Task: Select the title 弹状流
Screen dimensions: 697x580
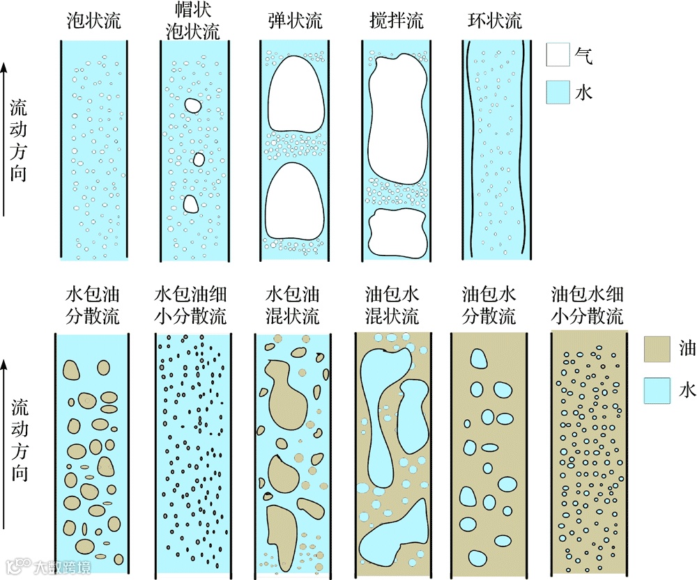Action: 295,20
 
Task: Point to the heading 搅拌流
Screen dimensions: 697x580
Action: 396,20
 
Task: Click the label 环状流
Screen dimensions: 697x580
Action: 494,20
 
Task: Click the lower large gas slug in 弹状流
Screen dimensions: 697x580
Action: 296,201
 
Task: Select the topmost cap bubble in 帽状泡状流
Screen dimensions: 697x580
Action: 192,106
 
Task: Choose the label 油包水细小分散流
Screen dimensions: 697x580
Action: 587,304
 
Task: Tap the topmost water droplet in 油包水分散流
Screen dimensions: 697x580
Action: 479,358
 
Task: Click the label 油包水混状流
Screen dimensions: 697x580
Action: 392,304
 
